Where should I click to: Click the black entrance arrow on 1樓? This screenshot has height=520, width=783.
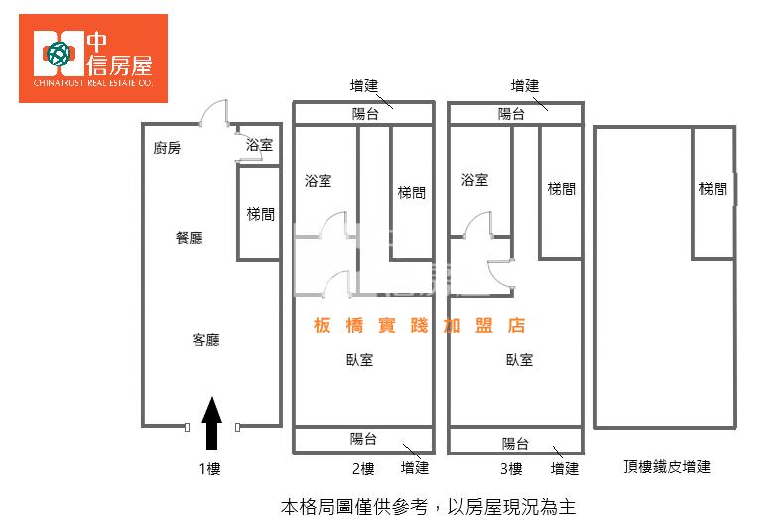point(212,423)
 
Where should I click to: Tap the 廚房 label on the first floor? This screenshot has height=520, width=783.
point(167,148)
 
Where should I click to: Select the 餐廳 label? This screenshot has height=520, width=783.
point(190,238)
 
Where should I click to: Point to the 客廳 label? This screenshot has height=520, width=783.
point(205,340)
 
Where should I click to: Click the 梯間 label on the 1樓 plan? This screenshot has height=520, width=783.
point(261,214)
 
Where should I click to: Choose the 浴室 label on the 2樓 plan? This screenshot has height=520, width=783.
point(319,181)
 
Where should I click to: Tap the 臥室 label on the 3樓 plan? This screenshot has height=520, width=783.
point(519,359)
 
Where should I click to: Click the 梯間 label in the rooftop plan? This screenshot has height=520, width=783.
point(713,189)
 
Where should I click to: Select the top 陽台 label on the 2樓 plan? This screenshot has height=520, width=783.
point(365,114)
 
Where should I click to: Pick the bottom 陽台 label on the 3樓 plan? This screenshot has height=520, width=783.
point(515,443)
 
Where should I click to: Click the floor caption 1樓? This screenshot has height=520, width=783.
point(209,469)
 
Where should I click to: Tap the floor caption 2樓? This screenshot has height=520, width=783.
point(363,469)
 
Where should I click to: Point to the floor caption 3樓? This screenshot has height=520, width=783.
point(511,469)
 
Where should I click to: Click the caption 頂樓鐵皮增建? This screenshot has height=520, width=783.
point(667,467)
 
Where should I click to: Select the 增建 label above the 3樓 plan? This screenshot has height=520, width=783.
point(525,86)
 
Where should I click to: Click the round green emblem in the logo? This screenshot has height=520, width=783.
point(59,54)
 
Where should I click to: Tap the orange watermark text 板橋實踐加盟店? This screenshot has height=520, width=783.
point(420,325)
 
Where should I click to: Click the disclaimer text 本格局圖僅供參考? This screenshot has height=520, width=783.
point(354,507)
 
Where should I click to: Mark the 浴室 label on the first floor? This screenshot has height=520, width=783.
point(259,145)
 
